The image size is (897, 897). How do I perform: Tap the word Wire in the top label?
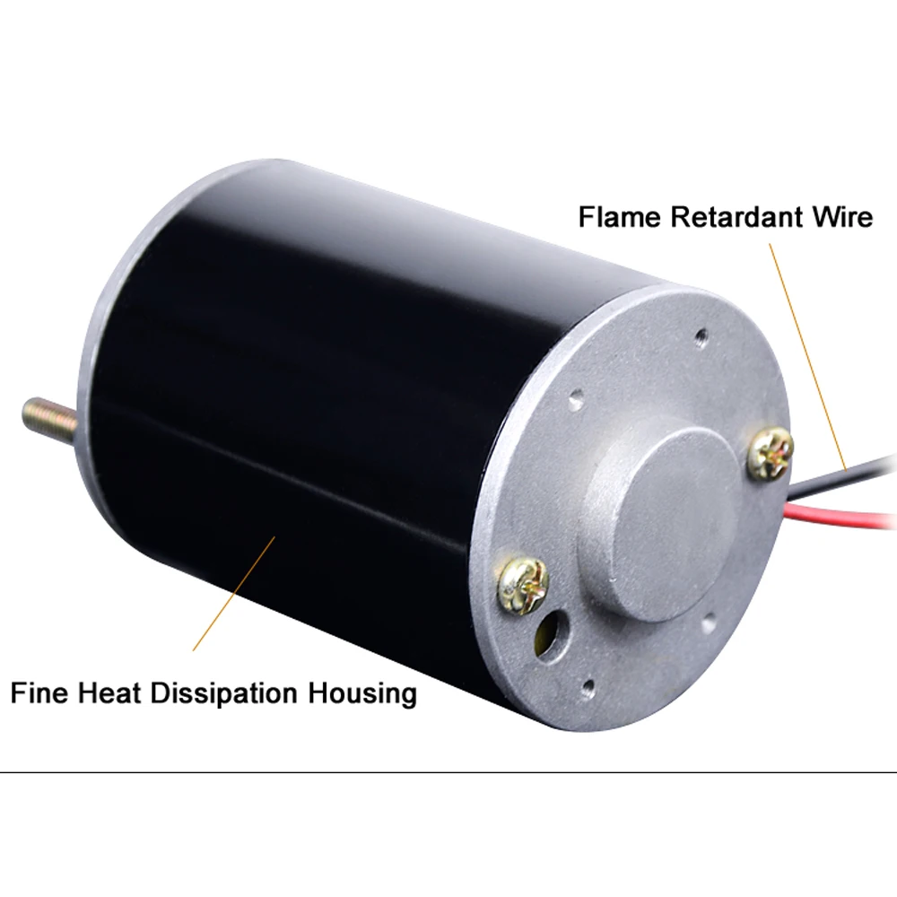tap(840, 217)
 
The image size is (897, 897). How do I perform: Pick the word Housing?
tap(364, 693)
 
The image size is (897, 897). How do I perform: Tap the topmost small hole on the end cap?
tap(702, 336)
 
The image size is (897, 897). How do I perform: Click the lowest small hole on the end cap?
tap(588, 690)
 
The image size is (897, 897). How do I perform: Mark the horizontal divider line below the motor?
tap(448, 772)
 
